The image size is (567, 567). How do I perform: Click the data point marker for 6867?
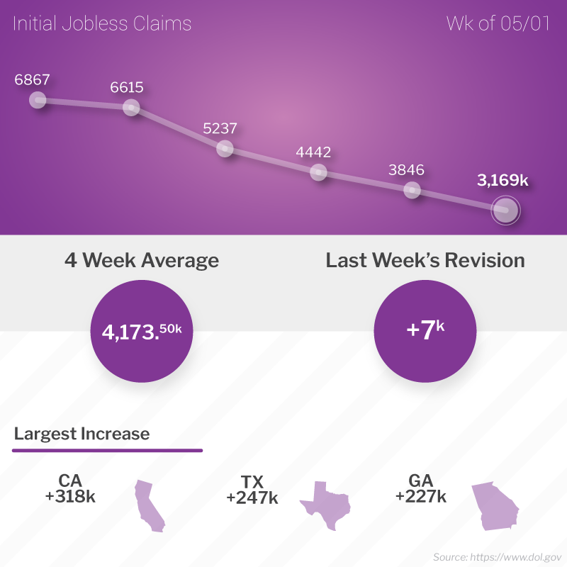coord(38,100)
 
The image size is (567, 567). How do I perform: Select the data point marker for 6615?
coord(131,108)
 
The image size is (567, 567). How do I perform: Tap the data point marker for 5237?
coord(225,148)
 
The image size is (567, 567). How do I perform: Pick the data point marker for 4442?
coord(318,172)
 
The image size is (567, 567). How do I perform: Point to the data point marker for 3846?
coord(412,190)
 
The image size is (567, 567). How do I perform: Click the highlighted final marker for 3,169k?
coord(505,210)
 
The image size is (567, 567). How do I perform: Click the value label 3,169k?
coord(503,181)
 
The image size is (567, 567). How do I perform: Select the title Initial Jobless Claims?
coord(102,24)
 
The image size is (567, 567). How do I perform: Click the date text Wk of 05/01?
coord(499,24)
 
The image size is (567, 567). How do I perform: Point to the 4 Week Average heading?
coord(142,260)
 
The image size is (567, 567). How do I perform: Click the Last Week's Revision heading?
coord(425,260)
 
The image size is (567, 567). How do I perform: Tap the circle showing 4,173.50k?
coord(142,330)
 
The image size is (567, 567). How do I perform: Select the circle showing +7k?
coord(425,330)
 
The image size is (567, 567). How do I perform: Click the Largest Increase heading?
coord(82,433)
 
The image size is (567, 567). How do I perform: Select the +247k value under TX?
coord(252,498)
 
